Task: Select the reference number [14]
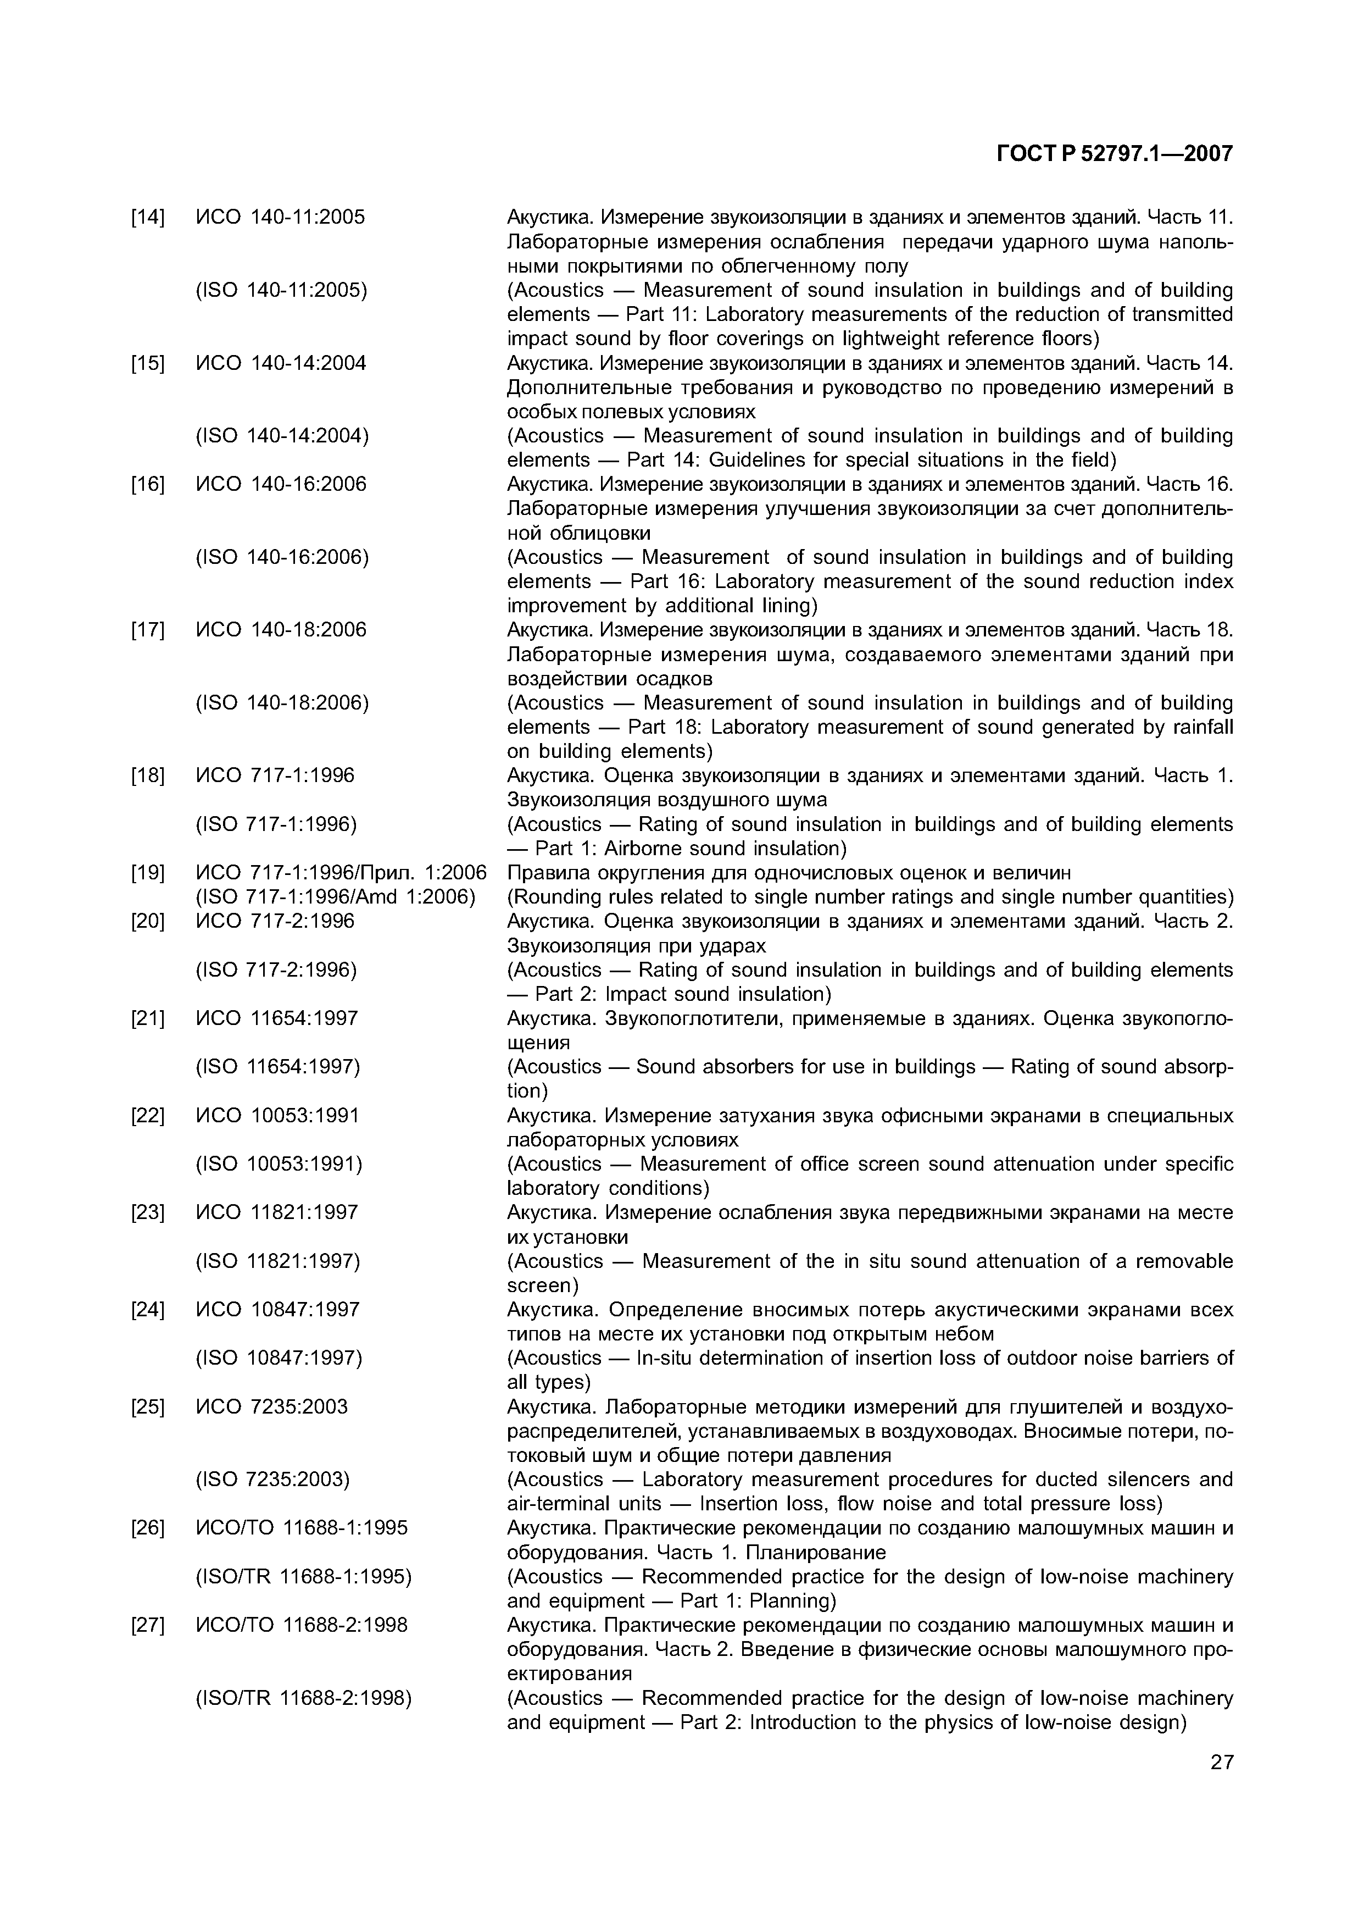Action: click(x=148, y=218)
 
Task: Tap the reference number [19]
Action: click(x=148, y=873)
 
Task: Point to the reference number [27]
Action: click(x=148, y=1625)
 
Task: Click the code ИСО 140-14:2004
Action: click(x=281, y=363)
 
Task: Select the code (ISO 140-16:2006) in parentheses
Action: click(x=282, y=557)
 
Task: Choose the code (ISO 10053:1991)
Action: click(x=279, y=1165)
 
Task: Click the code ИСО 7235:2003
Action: click(x=271, y=1406)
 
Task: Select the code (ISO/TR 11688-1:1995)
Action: click(x=303, y=1577)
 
